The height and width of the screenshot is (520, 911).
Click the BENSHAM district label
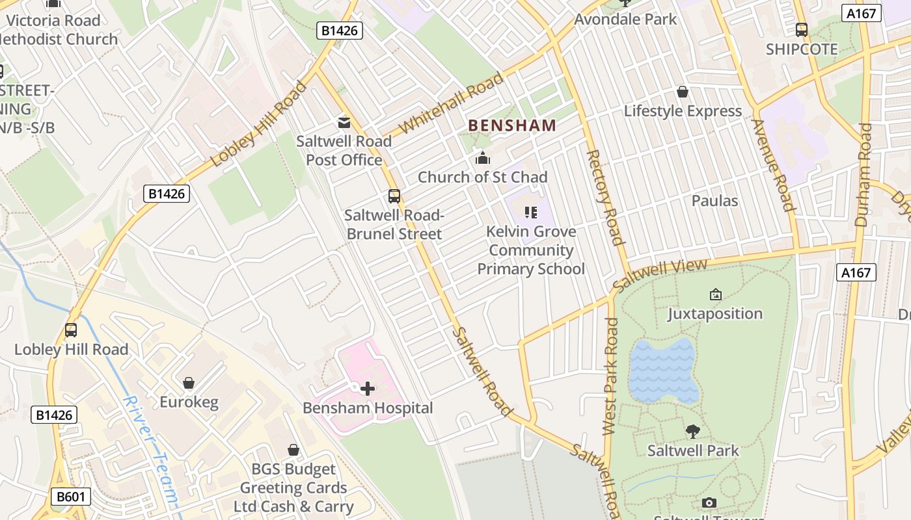(512, 125)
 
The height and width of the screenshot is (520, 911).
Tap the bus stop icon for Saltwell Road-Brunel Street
(394, 196)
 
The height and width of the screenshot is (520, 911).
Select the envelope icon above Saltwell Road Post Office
(344, 122)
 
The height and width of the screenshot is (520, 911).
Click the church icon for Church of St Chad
(483, 158)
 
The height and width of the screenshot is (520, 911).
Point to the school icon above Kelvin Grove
(531, 213)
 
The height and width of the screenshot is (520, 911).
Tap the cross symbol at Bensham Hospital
(368, 389)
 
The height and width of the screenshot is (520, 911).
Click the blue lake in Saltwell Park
(662, 370)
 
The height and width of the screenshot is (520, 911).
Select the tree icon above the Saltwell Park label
(693, 431)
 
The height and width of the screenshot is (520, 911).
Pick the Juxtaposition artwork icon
(715, 294)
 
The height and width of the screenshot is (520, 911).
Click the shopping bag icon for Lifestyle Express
(683, 92)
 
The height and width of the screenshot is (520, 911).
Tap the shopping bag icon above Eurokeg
(189, 383)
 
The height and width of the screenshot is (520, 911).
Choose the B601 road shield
(71, 497)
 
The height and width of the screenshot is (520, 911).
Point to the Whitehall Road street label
(452, 103)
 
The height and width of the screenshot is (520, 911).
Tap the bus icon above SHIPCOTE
(802, 30)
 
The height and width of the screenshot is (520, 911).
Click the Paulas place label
(714, 201)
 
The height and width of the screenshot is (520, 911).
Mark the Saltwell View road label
(659, 275)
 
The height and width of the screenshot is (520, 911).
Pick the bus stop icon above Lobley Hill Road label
(71, 330)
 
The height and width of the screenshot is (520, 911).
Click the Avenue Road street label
(774, 166)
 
